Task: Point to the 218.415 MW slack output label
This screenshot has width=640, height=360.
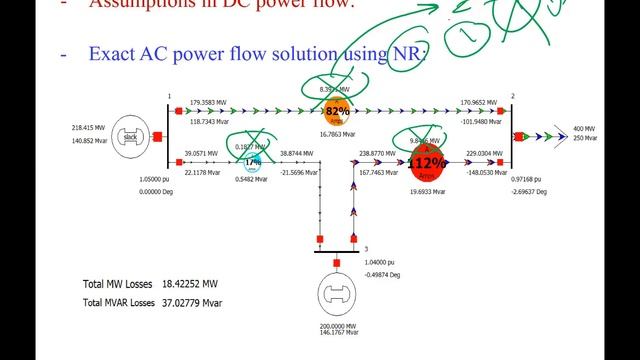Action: [89, 128]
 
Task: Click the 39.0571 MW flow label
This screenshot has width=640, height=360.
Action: [203, 153]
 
